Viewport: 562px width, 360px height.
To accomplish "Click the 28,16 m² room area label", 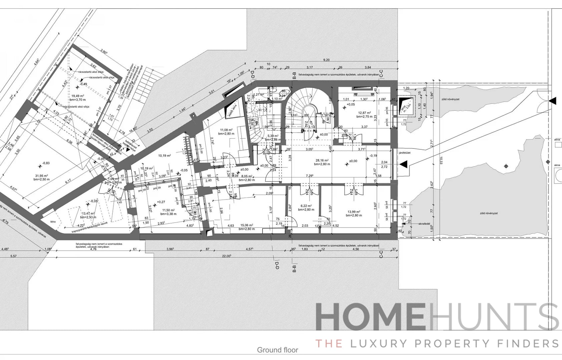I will pos(322,160).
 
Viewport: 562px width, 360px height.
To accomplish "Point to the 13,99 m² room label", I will pos(354,212).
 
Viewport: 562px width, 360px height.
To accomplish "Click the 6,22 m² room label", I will pos(306,206).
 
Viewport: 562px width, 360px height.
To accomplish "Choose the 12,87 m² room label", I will pos(364,113).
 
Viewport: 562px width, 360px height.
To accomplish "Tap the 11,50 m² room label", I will pos(169,210).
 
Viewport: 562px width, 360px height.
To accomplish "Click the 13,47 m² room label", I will pos(88,214).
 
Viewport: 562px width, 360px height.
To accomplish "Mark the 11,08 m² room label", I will pos(226,130).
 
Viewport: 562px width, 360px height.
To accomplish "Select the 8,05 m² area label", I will pos(247,176).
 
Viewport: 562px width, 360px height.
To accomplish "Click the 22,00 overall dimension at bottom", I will pos(226,256).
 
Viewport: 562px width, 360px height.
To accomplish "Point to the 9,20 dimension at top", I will pos(326,60).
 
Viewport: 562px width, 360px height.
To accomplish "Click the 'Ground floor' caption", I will pos(277,350).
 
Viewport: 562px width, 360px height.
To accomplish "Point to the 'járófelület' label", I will pos(405,153).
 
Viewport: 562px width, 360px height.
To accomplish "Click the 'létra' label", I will pos(53,222).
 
